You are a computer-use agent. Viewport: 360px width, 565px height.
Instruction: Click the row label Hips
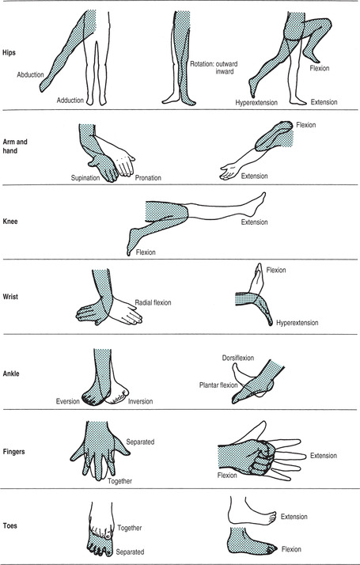(9, 52)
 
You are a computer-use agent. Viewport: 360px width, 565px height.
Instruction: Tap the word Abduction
(30, 75)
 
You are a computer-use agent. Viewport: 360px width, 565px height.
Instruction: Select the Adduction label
(70, 100)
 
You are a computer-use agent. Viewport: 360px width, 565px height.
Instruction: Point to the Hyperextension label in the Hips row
(256, 103)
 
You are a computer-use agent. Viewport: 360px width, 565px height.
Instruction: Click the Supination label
(85, 178)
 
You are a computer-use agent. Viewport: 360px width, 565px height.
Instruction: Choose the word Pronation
(148, 178)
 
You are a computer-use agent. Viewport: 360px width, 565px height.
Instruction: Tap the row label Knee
(10, 222)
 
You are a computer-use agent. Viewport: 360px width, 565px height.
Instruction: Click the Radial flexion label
(153, 302)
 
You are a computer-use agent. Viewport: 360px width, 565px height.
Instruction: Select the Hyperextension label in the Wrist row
(297, 323)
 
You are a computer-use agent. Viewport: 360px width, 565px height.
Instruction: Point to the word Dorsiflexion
(238, 358)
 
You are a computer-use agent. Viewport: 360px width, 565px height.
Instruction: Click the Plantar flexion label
(218, 385)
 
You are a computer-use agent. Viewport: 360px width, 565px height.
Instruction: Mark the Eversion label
(68, 401)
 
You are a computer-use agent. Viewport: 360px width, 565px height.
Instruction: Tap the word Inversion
(141, 401)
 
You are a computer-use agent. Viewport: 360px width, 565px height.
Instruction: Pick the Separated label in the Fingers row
(140, 442)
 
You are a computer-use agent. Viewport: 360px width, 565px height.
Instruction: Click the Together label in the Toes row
(130, 529)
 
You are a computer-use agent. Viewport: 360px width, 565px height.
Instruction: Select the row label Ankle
(11, 374)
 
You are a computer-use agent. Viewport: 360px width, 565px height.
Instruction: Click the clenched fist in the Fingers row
(256, 457)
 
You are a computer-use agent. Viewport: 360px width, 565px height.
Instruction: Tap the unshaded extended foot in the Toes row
(252, 512)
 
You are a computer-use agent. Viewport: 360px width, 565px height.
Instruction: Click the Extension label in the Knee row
(255, 222)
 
